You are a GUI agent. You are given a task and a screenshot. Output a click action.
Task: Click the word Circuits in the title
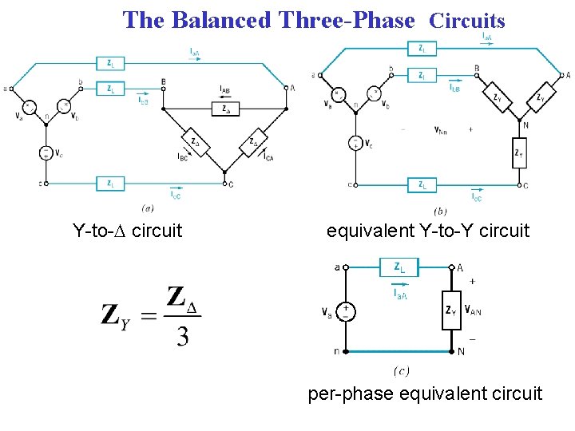coord(467,21)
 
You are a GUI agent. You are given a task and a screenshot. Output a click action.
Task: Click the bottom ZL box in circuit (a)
coord(109,183)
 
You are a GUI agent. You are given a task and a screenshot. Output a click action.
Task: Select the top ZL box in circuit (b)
coord(422,49)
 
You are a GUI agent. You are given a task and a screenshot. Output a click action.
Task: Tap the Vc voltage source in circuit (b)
coord(354,144)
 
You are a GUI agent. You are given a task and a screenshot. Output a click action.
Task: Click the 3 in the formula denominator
coord(183,336)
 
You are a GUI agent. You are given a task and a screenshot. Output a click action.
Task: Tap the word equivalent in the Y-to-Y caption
coord(370,231)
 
